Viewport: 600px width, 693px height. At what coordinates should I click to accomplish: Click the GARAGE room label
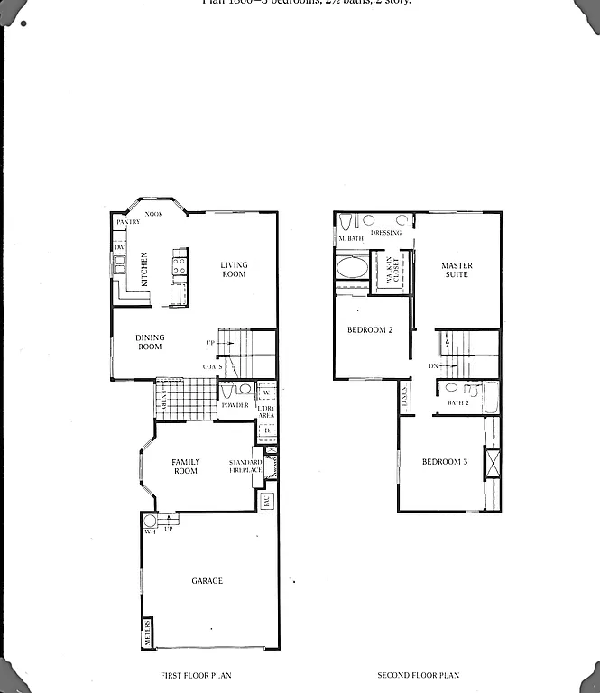tap(208, 581)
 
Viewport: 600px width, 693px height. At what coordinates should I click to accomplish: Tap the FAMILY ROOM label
tap(186, 467)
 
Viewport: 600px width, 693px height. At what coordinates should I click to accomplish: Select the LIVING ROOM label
tap(234, 270)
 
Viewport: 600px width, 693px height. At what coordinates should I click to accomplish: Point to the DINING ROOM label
tap(150, 343)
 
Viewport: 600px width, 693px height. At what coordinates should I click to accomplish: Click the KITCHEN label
tap(144, 269)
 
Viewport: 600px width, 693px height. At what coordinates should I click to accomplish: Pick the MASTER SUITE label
tap(457, 270)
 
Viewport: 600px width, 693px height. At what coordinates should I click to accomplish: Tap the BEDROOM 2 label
tap(370, 330)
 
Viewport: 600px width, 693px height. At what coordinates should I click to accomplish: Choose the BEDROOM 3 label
tap(445, 463)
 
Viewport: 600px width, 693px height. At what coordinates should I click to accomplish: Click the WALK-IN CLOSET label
tap(392, 271)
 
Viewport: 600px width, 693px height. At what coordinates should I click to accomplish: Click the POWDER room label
tap(235, 405)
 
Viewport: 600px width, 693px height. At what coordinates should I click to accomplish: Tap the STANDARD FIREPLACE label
tap(245, 467)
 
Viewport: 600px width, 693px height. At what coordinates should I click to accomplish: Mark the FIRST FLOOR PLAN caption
tap(195, 675)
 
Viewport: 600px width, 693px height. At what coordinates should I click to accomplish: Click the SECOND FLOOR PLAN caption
tap(419, 675)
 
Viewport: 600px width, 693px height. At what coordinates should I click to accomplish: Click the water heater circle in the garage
tap(150, 521)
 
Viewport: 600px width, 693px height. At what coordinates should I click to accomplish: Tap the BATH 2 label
tap(458, 402)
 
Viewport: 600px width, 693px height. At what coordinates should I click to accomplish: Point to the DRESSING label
tap(385, 233)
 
